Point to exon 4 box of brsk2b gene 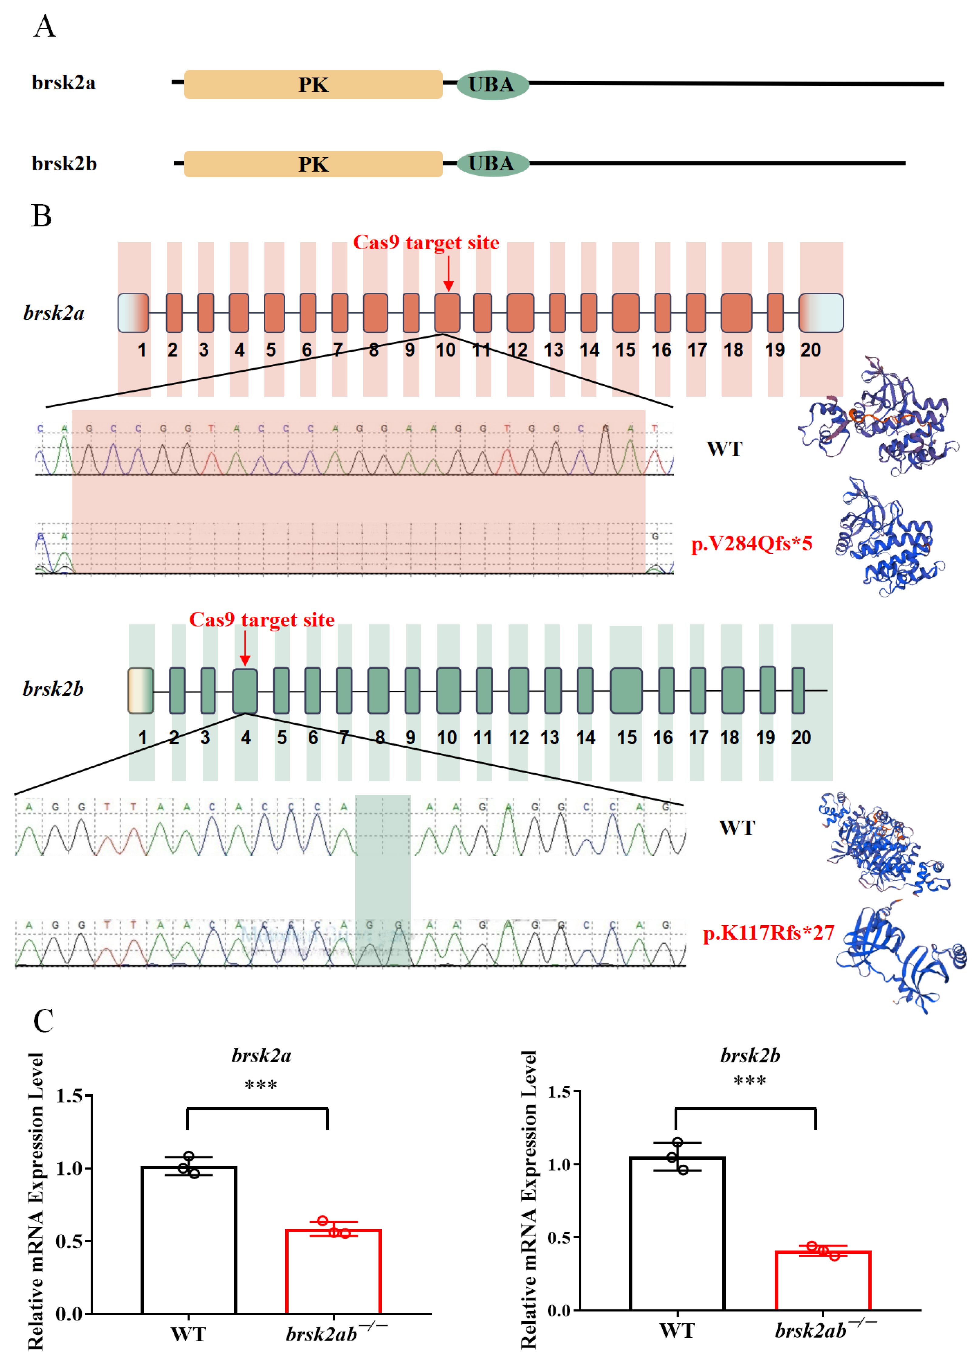[x=245, y=691]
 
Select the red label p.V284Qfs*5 [x=752, y=543]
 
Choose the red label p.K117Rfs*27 [x=768, y=933]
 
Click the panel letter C [x=43, y=1021]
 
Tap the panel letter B [x=41, y=216]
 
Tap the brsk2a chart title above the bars [x=261, y=1056]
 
